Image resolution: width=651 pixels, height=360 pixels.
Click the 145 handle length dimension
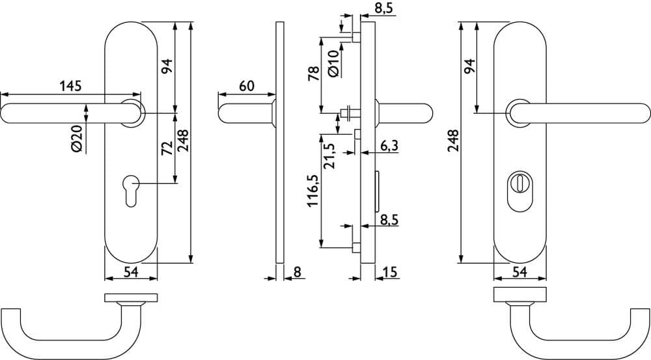point(70,86)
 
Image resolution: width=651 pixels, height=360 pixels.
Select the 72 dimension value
point(167,148)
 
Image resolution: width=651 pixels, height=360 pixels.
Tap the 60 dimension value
point(247,86)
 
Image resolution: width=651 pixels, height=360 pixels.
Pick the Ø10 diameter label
point(334,63)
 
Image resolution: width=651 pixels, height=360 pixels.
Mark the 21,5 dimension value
point(331,156)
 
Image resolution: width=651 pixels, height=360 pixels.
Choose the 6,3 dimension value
point(389,145)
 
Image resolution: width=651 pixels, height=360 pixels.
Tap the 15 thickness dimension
point(390,272)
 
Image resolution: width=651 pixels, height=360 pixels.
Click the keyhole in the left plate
point(131,191)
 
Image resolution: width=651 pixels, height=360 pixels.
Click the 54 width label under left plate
point(131,272)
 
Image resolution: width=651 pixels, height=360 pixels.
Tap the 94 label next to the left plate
point(167,66)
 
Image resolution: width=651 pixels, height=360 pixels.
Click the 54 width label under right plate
point(519,272)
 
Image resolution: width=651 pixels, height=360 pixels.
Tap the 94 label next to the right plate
point(469,66)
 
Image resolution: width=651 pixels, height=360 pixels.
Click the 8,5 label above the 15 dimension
point(389,219)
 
